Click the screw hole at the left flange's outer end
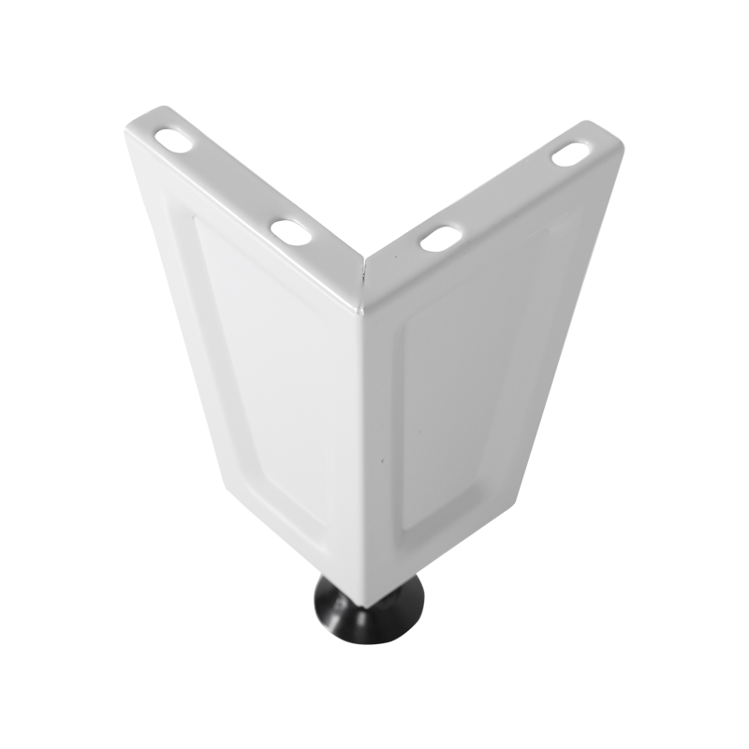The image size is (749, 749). (175, 137)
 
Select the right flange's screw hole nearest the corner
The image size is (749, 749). (438, 239)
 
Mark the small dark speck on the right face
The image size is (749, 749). (382, 461)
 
